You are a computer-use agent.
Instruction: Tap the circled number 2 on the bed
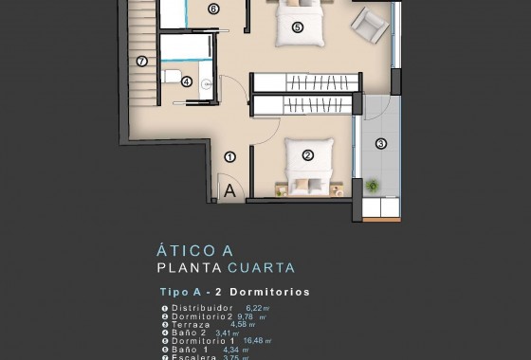[308, 155]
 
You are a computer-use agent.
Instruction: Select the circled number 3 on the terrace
[381, 144]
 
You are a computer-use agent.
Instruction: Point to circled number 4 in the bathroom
[187, 82]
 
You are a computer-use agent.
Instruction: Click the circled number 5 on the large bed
[298, 27]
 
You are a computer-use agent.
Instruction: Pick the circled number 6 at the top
[213, 9]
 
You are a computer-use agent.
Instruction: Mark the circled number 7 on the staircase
[142, 62]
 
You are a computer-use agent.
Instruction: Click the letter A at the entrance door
[229, 189]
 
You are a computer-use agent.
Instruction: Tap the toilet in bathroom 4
[170, 77]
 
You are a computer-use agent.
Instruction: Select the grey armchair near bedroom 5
[370, 24]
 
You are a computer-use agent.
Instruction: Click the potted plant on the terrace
[372, 186]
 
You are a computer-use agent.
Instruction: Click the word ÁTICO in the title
[182, 251]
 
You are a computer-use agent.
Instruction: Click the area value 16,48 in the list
[254, 341]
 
